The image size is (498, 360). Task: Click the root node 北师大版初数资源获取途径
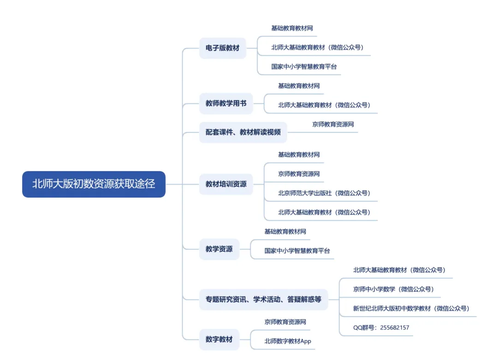94,184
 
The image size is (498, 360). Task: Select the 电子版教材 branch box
222,48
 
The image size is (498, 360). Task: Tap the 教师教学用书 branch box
226,103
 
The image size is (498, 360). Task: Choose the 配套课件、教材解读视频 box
243,132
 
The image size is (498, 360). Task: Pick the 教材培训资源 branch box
226,184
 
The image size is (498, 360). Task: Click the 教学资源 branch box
219,249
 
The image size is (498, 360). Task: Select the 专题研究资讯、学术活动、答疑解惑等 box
263,300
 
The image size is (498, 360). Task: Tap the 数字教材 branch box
219,340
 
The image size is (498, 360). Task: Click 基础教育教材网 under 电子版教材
292,28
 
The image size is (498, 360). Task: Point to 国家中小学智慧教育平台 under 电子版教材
304,66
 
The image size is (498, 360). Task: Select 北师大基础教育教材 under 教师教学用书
324,105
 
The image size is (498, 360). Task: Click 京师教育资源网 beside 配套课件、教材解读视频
333,124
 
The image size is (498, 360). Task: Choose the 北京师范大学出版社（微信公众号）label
324,193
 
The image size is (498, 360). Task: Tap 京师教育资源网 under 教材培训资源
299,174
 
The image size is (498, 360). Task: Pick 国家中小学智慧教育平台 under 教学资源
297,251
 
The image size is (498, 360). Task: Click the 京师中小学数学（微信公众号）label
393,289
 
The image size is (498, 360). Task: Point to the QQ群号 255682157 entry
381,328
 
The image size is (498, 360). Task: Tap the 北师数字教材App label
288,341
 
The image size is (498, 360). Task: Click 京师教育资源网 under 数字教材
285,322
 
